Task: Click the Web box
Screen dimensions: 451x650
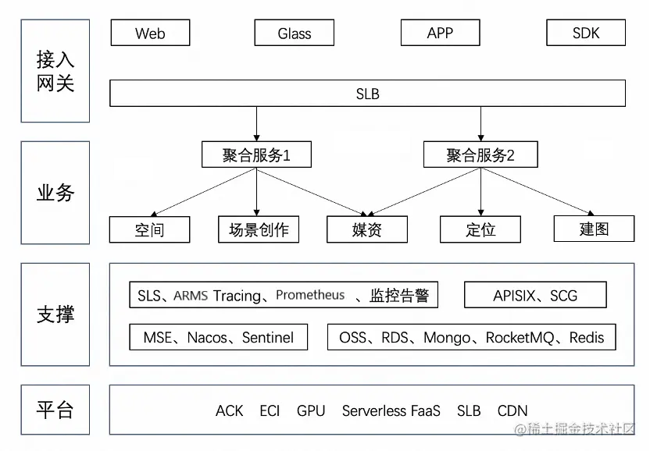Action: tap(150, 34)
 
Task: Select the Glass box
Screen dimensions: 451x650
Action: tap(294, 34)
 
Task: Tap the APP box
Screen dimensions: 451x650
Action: tap(440, 33)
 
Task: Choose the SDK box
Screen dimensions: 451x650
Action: tap(586, 33)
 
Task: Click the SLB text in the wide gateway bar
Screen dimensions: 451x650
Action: tap(367, 94)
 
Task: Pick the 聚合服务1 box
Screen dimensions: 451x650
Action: tap(256, 154)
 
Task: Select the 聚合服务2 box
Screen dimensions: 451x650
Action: tap(480, 154)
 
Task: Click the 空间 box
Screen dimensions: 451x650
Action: tap(149, 230)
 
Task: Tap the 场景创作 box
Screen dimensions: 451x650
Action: tap(258, 230)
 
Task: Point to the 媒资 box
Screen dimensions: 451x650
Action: tap(366, 230)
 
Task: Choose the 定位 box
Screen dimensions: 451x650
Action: tap(480, 230)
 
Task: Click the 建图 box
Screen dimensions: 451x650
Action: tap(594, 229)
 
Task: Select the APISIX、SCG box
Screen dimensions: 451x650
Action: tap(535, 296)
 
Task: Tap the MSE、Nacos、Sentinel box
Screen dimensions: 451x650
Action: tap(218, 338)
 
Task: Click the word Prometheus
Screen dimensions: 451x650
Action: tap(310, 295)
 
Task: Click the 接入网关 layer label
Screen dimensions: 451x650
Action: tap(55, 71)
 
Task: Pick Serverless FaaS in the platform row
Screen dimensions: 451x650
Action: tap(391, 410)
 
